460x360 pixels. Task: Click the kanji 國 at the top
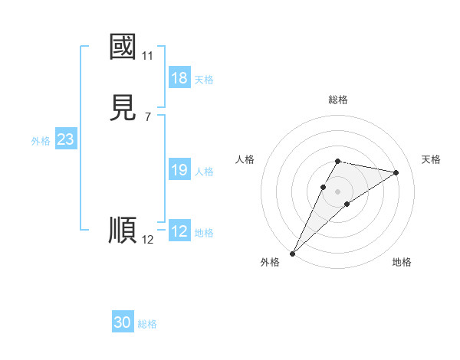pyautogui.click(x=123, y=47)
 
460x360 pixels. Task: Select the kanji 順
pyautogui.click(x=123, y=230)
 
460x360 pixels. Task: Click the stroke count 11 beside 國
pyautogui.click(x=147, y=56)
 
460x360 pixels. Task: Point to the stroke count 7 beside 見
pyautogui.click(x=147, y=117)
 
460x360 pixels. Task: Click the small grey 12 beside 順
pyautogui.click(x=147, y=240)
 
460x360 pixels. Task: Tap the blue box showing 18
pyautogui.click(x=179, y=78)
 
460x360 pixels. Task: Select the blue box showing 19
pyautogui.click(x=179, y=170)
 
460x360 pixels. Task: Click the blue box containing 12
pyautogui.click(x=179, y=231)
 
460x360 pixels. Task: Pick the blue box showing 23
pyautogui.click(x=65, y=139)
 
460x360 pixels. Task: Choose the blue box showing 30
pyautogui.click(x=123, y=322)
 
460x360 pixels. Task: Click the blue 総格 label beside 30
pyautogui.click(x=147, y=325)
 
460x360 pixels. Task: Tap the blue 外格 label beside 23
pyautogui.click(x=41, y=141)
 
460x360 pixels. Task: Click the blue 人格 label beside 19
pyautogui.click(x=205, y=172)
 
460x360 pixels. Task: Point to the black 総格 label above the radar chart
pyautogui.click(x=337, y=100)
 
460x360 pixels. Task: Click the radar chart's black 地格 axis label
pyautogui.click(x=402, y=262)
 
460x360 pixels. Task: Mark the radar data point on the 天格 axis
pyautogui.click(x=396, y=172)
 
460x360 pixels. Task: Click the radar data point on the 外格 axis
pyautogui.click(x=292, y=253)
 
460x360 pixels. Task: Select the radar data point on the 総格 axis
pyautogui.click(x=337, y=161)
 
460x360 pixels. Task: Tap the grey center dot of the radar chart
pyautogui.click(x=337, y=191)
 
